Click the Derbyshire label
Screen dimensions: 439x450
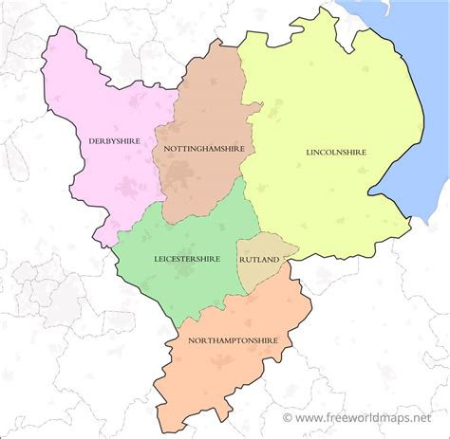coord(113,141)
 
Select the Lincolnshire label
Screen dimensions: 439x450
coord(336,152)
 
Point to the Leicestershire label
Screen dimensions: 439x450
coord(187,258)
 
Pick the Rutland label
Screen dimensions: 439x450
coord(259,259)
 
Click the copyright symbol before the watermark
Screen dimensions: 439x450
coord(288,417)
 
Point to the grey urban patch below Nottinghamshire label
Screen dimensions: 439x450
coord(195,174)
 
